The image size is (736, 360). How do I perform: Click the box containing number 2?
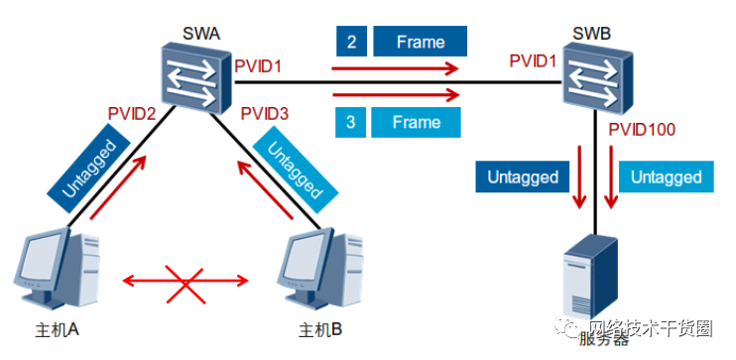[350, 43]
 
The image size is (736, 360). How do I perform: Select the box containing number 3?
[350, 122]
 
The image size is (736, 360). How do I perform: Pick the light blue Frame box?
[417, 122]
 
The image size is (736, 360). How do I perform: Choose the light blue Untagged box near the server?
[666, 178]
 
